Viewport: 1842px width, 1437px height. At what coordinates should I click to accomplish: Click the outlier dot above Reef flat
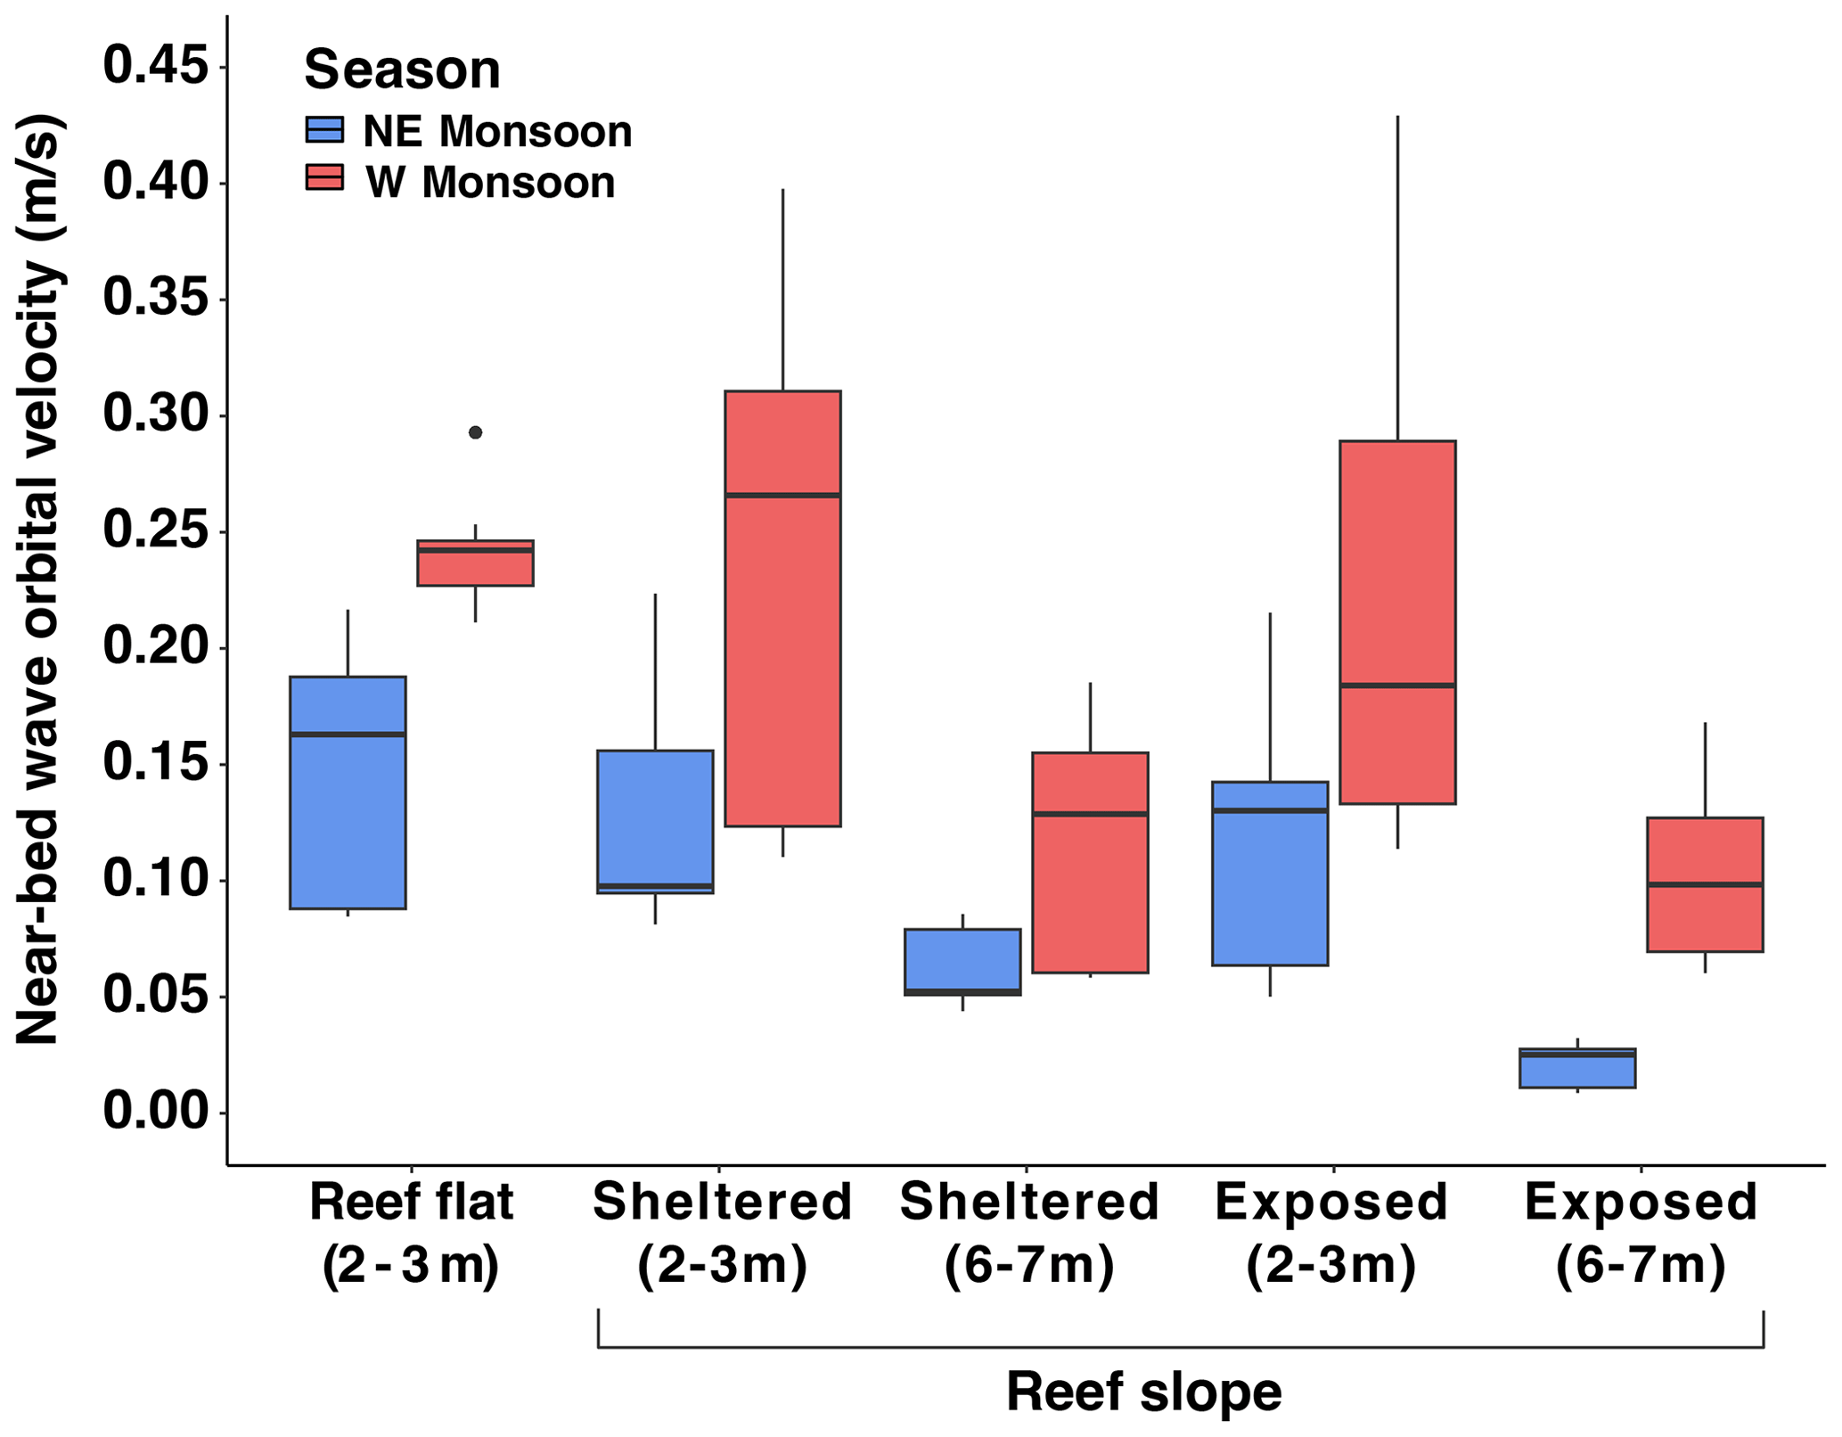click(x=475, y=432)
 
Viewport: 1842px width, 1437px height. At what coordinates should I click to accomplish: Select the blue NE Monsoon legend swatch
click(x=324, y=130)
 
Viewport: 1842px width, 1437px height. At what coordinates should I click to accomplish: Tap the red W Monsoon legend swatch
click(x=324, y=177)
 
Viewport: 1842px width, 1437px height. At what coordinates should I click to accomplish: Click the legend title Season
click(x=402, y=70)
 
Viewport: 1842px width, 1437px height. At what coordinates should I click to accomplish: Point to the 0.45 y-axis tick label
click(x=156, y=67)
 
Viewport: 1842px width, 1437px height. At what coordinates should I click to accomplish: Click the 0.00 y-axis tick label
click(x=156, y=1112)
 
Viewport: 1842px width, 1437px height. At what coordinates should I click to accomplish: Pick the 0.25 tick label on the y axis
click(x=156, y=531)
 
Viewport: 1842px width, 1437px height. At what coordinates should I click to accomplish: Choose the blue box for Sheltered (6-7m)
click(x=962, y=962)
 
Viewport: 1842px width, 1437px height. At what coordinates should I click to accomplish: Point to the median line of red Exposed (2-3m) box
click(x=1397, y=685)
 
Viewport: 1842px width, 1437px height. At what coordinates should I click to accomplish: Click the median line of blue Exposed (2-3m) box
click(x=1270, y=810)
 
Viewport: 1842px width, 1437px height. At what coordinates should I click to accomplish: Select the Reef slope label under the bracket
click(x=1143, y=1392)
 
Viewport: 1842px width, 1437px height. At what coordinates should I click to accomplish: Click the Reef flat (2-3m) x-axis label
click(x=411, y=1235)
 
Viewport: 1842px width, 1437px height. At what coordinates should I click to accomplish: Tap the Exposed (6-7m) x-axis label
click(x=1641, y=1235)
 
